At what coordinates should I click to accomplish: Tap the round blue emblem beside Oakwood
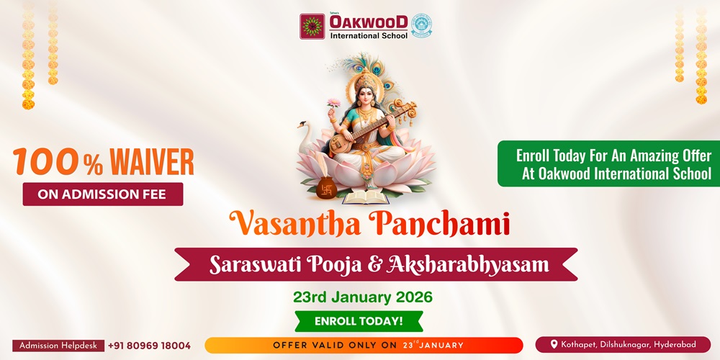(421, 24)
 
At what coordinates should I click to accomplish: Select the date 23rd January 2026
(362, 297)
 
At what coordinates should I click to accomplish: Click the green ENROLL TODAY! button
(359, 321)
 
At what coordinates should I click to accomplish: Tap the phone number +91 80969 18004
(149, 346)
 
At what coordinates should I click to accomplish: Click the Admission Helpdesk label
(58, 346)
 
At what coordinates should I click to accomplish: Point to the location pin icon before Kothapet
(554, 345)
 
